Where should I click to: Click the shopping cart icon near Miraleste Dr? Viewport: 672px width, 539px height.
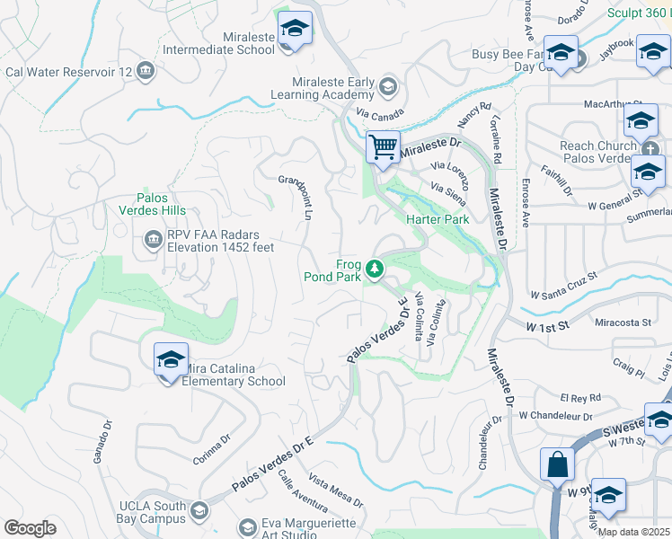coord(384,146)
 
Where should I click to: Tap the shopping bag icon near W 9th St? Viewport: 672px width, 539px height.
coord(557,464)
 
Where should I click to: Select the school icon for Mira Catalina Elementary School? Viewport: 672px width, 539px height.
coord(171,360)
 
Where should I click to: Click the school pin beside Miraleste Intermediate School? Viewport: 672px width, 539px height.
coord(295,29)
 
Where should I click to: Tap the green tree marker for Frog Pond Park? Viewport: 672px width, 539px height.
coord(375,268)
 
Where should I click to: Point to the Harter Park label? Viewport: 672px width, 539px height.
coord(438,219)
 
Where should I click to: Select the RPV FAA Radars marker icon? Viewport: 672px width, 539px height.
coord(152,240)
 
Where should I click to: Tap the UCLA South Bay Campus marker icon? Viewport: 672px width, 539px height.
coord(199,511)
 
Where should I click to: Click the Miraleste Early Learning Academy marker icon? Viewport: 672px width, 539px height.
coord(387,86)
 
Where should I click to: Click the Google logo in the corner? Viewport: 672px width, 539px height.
coord(31,528)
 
